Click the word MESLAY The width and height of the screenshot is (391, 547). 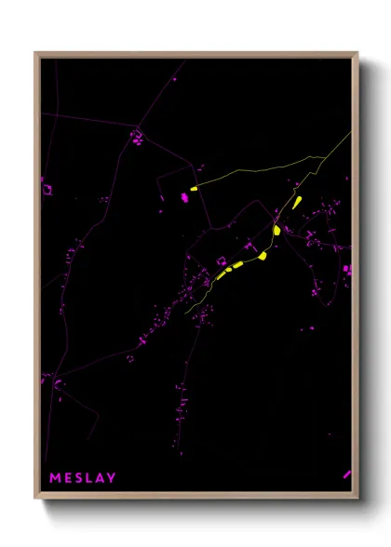(82, 478)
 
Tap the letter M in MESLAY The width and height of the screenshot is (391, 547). (54, 478)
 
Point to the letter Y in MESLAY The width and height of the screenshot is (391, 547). (112, 478)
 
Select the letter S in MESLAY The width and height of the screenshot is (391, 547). (77, 478)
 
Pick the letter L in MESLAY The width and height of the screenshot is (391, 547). (88, 478)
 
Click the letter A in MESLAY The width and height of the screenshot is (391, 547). (100, 478)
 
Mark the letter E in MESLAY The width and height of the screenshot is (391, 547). (66, 478)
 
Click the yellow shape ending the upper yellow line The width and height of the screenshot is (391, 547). (194, 189)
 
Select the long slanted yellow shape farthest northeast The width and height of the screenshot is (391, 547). (297, 202)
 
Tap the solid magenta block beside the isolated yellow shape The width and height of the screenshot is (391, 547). (185, 197)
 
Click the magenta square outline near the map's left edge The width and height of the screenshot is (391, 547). (47, 190)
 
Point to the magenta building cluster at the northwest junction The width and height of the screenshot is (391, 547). (137, 139)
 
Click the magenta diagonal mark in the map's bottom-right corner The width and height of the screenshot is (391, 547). (346, 474)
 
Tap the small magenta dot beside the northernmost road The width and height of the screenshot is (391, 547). (174, 80)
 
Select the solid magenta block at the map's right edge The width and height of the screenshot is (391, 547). (347, 270)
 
